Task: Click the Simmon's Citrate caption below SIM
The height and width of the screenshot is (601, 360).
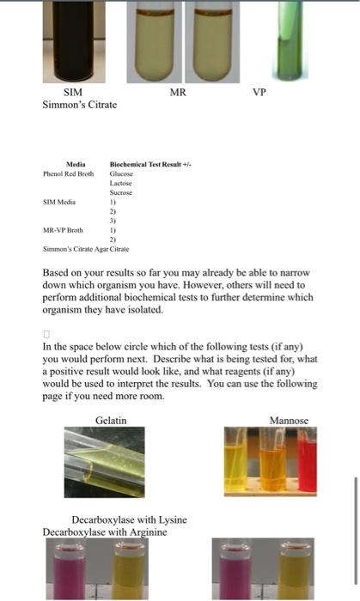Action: click(x=80, y=105)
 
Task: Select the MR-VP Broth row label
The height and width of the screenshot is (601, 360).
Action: click(x=64, y=230)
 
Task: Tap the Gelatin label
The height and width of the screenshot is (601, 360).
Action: click(x=111, y=420)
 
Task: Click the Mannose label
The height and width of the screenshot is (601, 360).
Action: click(x=289, y=420)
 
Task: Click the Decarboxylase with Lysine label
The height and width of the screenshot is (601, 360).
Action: click(x=129, y=520)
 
